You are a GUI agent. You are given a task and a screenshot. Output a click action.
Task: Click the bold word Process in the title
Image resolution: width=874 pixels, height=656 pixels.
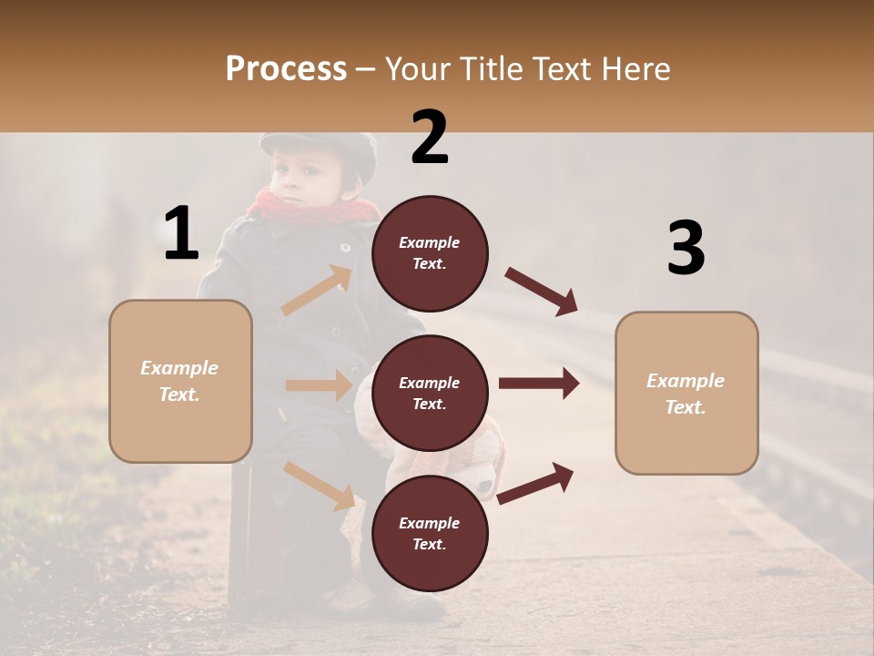pyautogui.click(x=286, y=69)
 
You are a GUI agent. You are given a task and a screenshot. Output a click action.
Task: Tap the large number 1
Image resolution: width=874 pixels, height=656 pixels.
pyautogui.click(x=181, y=234)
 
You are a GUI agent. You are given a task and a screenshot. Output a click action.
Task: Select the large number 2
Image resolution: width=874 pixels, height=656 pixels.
pyautogui.click(x=430, y=138)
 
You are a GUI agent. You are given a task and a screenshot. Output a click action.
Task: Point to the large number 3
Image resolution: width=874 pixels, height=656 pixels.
pyautogui.click(x=686, y=248)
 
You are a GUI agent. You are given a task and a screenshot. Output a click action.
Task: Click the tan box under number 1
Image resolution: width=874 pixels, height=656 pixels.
pyautogui.click(x=180, y=381)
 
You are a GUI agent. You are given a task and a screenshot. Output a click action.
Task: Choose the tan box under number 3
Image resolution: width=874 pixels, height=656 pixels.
pyautogui.click(x=686, y=394)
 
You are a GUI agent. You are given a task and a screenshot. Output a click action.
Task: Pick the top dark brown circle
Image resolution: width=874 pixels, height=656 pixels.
pyautogui.click(x=430, y=253)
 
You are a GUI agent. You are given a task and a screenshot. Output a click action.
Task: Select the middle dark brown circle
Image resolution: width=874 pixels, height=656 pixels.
pyautogui.click(x=430, y=393)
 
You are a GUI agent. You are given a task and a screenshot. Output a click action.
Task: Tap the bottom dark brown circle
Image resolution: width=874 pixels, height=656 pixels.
pyautogui.click(x=430, y=533)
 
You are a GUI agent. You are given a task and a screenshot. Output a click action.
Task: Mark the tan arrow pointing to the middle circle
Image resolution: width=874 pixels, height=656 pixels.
pyautogui.click(x=319, y=385)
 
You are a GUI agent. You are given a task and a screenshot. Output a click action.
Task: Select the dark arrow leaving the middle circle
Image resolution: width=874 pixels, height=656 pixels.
pyautogui.click(x=539, y=384)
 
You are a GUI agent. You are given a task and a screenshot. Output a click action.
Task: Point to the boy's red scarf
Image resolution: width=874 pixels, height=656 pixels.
pyautogui.click(x=314, y=208)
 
